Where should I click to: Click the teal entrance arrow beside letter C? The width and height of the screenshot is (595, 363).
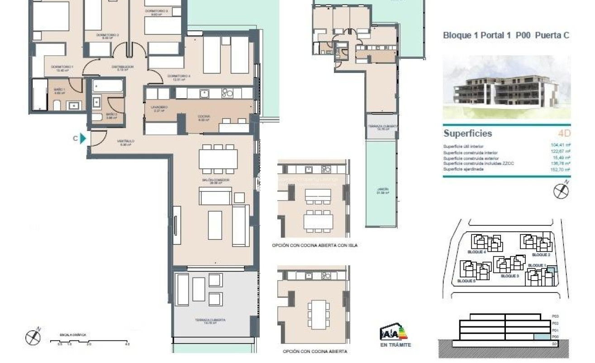tap(83, 139)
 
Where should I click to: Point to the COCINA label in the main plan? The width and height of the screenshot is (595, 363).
tap(204, 118)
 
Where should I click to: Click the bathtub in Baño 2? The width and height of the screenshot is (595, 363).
tap(107, 86)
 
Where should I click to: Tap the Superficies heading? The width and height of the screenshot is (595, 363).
tap(467, 134)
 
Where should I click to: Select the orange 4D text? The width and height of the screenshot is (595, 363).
tap(564, 134)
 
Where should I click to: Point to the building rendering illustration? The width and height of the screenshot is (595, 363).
tap(506, 87)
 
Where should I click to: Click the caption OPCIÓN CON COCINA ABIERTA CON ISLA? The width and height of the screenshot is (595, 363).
tap(314, 245)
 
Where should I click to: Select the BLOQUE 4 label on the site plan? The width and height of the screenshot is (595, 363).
tap(476, 252)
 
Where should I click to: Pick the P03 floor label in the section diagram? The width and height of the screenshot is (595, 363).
tap(555, 317)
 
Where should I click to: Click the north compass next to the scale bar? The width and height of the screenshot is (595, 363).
tap(33, 337)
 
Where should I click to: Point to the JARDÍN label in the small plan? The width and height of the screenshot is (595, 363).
tap(383, 191)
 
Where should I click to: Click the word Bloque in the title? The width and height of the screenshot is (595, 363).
tap(457, 36)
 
